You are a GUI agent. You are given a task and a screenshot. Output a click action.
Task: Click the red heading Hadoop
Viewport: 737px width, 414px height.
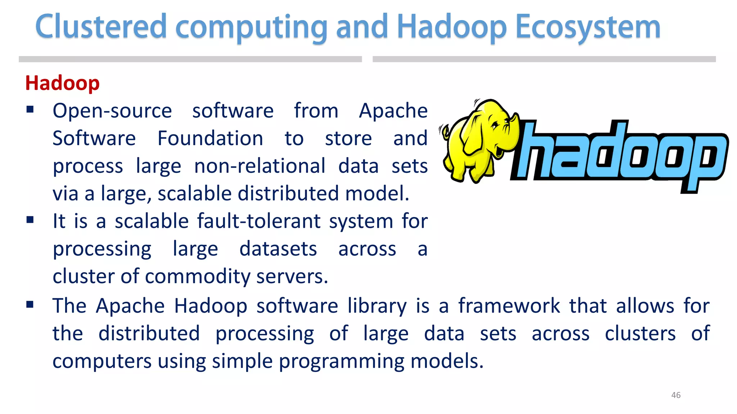coord(62,83)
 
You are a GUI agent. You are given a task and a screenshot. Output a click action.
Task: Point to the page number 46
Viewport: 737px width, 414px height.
coord(676,395)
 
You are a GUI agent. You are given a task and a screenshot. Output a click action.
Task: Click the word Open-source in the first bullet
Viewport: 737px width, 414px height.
coord(112,111)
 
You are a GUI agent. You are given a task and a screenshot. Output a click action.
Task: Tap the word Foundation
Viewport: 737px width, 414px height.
coord(211,138)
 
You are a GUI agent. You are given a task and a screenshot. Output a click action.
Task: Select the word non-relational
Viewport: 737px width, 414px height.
coord(260,166)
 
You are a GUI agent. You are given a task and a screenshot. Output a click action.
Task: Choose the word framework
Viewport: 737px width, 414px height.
coord(509,306)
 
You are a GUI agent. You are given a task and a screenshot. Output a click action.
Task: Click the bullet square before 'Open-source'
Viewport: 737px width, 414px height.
coord(30,109)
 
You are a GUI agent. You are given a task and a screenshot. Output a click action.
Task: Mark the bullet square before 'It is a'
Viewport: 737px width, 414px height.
coord(30,220)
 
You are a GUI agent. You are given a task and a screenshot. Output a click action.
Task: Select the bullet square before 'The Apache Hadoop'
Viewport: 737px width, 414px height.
coord(30,305)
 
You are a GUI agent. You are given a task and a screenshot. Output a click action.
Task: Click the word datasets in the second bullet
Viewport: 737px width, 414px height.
coord(278,249)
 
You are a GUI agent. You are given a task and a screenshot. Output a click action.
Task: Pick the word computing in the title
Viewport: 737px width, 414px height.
coord(251,28)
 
